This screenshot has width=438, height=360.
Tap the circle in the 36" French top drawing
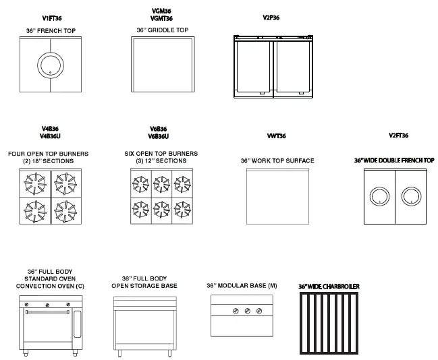(x=50, y=65)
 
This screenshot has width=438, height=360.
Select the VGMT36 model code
(x=161, y=18)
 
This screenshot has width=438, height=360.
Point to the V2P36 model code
(x=271, y=19)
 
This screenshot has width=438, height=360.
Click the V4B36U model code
(x=51, y=136)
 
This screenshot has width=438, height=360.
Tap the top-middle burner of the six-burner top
(x=161, y=182)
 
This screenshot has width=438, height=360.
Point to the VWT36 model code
(x=277, y=136)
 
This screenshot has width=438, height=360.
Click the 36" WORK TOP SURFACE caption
(x=277, y=161)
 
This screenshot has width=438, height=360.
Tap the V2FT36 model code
(x=399, y=136)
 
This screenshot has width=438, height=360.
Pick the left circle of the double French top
(x=379, y=196)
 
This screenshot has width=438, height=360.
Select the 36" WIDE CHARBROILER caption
(x=329, y=286)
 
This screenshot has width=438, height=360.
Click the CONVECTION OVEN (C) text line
(x=51, y=286)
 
